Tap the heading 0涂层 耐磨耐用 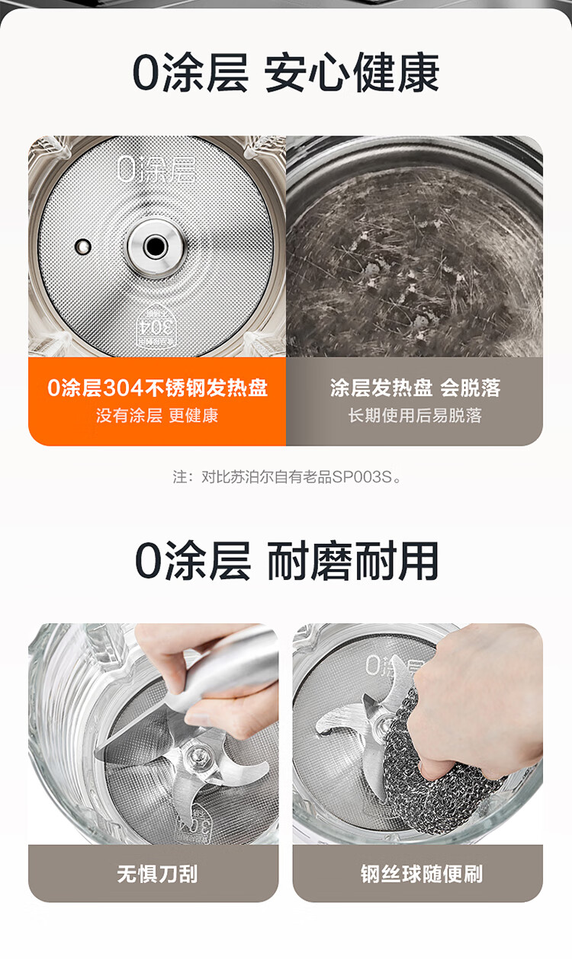click(x=287, y=561)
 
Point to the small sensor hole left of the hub click(x=82, y=246)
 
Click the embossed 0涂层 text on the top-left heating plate click(x=156, y=169)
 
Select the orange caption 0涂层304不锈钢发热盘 click(x=157, y=388)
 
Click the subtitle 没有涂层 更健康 click(x=157, y=415)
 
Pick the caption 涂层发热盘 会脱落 click(x=415, y=388)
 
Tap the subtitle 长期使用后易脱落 click(x=415, y=415)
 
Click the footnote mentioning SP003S click(x=287, y=477)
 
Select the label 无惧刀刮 click(x=157, y=873)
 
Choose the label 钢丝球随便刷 click(x=422, y=873)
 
